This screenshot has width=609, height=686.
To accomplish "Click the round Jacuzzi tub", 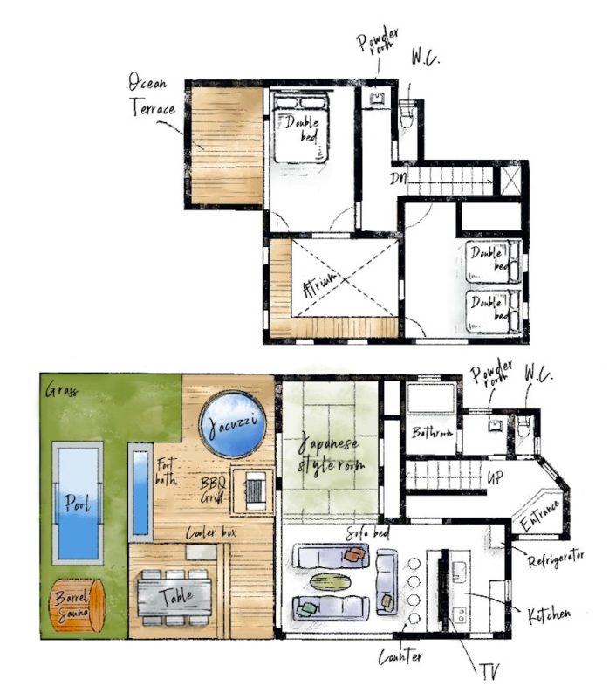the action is pyautogui.click(x=232, y=423).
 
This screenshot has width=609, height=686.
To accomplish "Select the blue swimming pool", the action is pyautogui.click(x=78, y=503).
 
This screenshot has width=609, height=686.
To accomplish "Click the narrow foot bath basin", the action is pyautogui.click(x=140, y=492).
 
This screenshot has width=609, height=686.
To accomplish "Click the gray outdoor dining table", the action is pyautogui.click(x=175, y=597).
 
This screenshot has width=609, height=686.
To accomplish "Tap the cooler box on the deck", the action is pyautogui.click(x=201, y=552).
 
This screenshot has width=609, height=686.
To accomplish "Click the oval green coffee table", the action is pyautogui.click(x=331, y=581).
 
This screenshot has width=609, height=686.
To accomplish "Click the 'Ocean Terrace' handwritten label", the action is pyautogui.click(x=151, y=95).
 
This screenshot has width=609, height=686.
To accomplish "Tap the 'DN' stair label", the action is pyautogui.click(x=399, y=178).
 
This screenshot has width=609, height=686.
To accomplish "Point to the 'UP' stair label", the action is pyautogui.click(x=496, y=477).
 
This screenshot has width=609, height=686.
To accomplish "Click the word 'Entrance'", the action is pyautogui.click(x=541, y=516).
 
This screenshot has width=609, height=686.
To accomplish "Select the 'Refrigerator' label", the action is pyautogui.click(x=556, y=559).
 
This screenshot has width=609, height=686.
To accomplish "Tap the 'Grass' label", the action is pyautogui.click(x=62, y=389).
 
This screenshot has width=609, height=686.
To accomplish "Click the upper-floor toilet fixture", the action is pyautogui.click(x=406, y=115).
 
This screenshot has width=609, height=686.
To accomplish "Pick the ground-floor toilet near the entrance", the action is pyautogui.click(x=523, y=427).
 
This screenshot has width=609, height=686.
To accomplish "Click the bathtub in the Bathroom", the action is pyautogui.click(x=431, y=397).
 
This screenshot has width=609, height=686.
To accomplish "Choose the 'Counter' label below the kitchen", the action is pyautogui.click(x=400, y=656).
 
